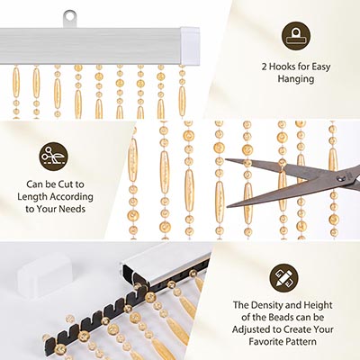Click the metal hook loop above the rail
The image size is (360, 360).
tap(69, 19)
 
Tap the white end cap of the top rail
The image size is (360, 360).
tap(190, 46)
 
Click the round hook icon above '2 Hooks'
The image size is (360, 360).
tap(296, 36)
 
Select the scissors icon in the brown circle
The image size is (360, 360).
tap(53, 157)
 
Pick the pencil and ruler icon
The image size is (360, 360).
tap(283, 278)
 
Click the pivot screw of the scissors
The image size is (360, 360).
tap(339, 179)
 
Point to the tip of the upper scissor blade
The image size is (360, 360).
tap(226, 160)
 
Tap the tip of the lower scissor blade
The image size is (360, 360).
tap(227, 206)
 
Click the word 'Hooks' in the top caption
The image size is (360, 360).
tap(283, 67)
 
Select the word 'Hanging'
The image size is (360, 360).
tap(296, 79)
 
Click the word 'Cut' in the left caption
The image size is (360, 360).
tap(66, 184)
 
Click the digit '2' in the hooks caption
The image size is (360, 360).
tap(265, 67)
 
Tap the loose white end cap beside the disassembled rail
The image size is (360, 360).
tap(45, 276)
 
